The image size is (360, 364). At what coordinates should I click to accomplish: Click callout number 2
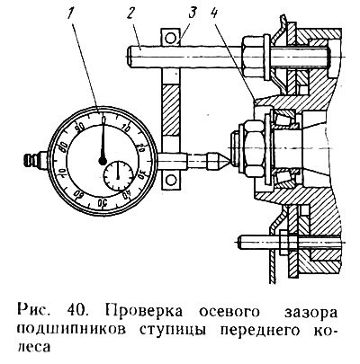pyautogui.click(x=130, y=13)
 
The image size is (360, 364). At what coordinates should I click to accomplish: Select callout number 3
pyautogui.click(x=192, y=13)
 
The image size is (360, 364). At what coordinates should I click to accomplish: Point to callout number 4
pyautogui.click(x=214, y=13)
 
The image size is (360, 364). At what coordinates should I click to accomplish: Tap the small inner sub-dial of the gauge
pyautogui.click(x=118, y=175)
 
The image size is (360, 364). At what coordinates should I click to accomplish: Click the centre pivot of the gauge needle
pyautogui.click(x=103, y=161)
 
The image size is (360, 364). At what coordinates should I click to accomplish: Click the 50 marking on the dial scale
pyautogui.click(x=103, y=202)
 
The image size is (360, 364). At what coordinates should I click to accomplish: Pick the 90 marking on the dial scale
pyautogui.click(x=80, y=128)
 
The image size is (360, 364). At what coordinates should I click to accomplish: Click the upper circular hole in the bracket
pyautogui.click(x=170, y=38)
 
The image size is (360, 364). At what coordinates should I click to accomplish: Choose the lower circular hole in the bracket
pyautogui.click(x=171, y=181)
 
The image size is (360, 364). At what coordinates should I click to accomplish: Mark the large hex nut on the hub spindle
pyautogui.click(x=255, y=147)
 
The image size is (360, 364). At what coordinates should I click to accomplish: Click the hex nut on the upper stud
pyautogui.click(x=253, y=57)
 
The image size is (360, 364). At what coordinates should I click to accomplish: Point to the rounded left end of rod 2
pyautogui.click(x=129, y=57)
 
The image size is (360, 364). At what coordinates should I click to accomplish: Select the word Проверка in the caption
pyautogui.click(x=144, y=312)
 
